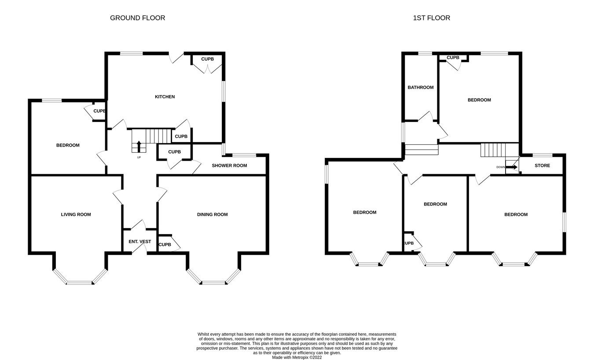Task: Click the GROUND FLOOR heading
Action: pos(137,18)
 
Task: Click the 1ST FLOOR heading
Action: pos(431,18)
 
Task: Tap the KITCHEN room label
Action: pos(165,97)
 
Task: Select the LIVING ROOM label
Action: pos(76,215)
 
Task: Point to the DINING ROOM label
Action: pos(212,215)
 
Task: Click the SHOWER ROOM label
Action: pos(229,165)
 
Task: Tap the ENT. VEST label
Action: pos(139,242)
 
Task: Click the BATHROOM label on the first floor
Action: pos(420,88)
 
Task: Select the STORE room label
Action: pos(542,166)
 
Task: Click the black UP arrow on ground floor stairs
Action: pos(139,146)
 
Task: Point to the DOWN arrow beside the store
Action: pos(512,167)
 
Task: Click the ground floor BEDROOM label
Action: pos(68,145)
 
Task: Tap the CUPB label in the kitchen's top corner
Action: pos(207,59)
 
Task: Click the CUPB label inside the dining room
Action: pos(165,245)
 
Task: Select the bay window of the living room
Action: pos(80,282)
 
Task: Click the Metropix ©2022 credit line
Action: pos(297,357)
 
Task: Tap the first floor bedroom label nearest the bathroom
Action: pos(479,100)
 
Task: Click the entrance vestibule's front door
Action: pos(140,249)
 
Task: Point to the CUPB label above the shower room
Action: pos(174,152)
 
